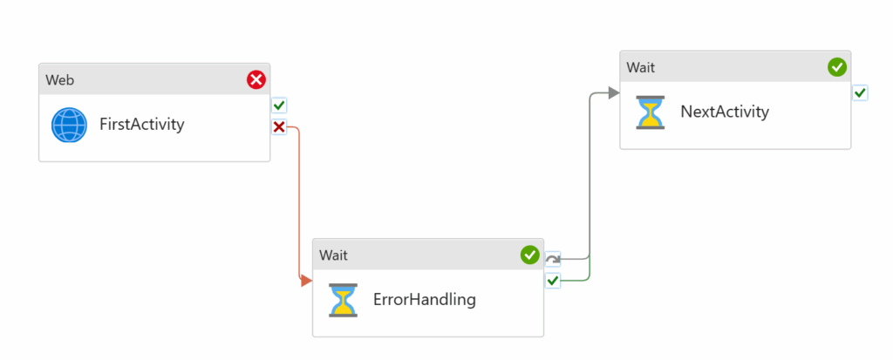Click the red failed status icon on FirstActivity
(x=256, y=79)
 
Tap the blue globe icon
(x=69, y=125)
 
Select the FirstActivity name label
(x=142, y=124)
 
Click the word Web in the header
(x=60, y=80)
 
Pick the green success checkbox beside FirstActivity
(x=279, y=105)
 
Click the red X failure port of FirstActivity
(x=279, y=127)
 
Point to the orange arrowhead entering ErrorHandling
(x=306, y=281)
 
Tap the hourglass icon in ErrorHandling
(x=344, y=300)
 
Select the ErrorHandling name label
(x=425, y=299)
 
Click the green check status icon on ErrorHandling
(x=529, y=255)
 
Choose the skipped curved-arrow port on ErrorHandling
(x=552, y=259)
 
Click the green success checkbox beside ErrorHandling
(x=552, y=281)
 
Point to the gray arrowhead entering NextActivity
(x=614, y=93)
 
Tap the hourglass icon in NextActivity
(x=651, y=112)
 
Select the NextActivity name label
(x=725, y=112)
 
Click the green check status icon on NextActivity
(x=836, y=67)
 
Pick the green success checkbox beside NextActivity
(x=860, y=93)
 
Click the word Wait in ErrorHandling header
(x=333, y=255)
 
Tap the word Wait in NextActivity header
(x=641, y=68)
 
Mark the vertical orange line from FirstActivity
(x=298, y=204)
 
